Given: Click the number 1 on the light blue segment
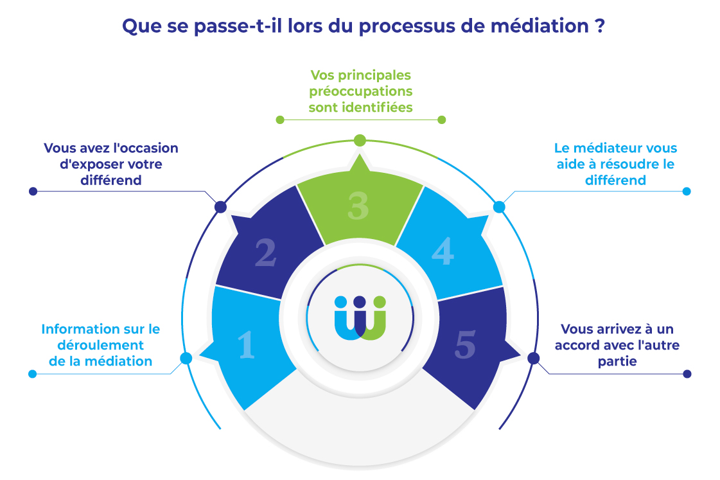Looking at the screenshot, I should point(247,344).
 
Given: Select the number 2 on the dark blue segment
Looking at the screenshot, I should point(265,253).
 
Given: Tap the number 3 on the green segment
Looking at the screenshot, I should point(358,206).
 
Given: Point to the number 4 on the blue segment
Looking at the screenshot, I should point(443,251).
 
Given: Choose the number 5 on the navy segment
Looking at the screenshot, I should point(465,345).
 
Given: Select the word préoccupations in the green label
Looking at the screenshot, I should point(360,91).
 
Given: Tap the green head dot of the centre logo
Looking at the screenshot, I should point(379,301).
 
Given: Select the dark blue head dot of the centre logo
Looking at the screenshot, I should point(360,301).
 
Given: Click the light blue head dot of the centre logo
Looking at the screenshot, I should point(340,301).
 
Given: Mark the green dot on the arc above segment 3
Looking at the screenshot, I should point(360,140).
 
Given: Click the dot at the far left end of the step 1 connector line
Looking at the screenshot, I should point(33,373).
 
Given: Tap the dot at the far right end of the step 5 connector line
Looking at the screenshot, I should point(687,373).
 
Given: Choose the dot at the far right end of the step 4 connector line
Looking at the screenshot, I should point(687,191).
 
